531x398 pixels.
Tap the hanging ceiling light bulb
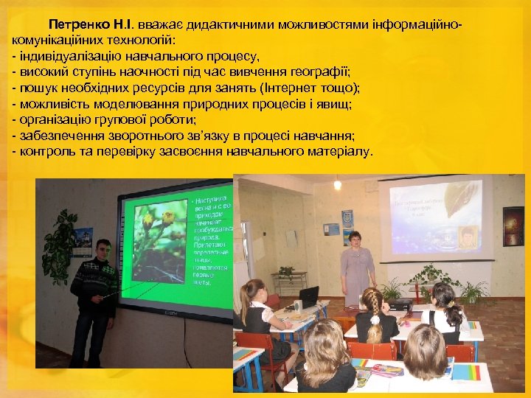[x=337, y=184]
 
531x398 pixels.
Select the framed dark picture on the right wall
[x=513, y=226]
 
